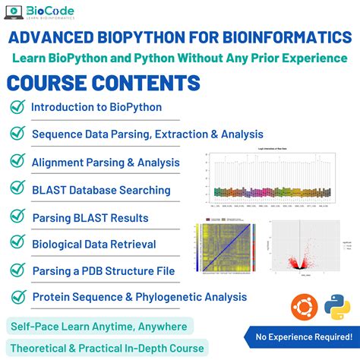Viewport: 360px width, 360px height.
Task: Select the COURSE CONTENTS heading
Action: click(103, 83)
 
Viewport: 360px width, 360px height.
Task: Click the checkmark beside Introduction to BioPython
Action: click(17, 107)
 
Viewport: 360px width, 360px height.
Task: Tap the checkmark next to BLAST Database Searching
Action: click(17, 190)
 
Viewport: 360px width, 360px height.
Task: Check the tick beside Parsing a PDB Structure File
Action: click(17, 270)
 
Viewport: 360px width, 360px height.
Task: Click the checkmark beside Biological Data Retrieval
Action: click(17, 244)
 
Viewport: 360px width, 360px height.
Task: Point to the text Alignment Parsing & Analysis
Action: click(106, 162)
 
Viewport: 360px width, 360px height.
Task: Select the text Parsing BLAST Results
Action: click(90, 217)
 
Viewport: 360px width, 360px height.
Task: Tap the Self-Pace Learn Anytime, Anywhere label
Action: click(99, 326)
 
